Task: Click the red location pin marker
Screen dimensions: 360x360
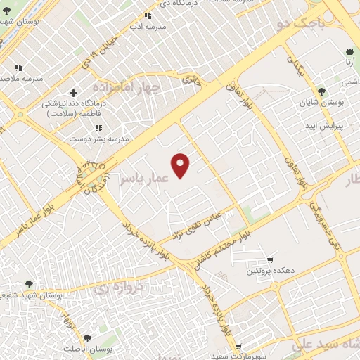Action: point(181,165)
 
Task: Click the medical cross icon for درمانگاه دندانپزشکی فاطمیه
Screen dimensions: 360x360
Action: point(73,93)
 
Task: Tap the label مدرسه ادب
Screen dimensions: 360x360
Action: point(147,26)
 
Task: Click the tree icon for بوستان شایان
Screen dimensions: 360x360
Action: point(321,91)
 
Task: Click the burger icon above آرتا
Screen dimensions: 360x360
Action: point(349,51)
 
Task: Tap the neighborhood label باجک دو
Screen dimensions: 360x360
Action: point(302,22)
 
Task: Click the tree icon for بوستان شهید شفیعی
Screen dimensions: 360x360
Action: point(29,284)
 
